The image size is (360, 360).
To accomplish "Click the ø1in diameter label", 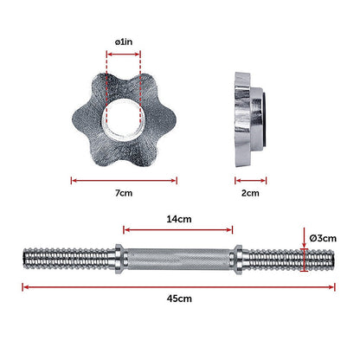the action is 124,42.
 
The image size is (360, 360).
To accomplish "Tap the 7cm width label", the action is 124,193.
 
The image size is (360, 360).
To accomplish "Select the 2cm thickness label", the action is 250,193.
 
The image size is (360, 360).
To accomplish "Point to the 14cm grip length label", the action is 179,219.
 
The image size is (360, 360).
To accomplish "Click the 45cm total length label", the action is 179,299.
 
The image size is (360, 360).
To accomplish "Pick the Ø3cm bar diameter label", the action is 323,238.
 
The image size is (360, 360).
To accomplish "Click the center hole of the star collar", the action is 124,119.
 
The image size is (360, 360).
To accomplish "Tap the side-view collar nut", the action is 250,119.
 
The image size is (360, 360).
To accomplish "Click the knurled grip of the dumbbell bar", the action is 179,259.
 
